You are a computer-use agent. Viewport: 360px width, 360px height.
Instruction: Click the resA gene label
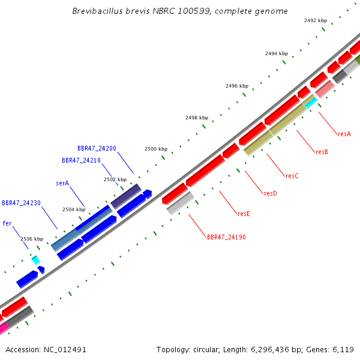(344, 134)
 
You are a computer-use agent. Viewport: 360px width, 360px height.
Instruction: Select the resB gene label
(322, 152)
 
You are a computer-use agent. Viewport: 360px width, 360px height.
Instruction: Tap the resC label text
(292, 176)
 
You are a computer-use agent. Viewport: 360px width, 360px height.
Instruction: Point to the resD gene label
(271, 193)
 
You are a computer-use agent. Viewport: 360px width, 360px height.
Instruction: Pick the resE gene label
(244, 214)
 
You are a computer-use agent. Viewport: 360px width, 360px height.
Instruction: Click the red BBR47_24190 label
(226, 237)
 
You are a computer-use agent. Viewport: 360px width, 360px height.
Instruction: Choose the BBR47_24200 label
(97, 148)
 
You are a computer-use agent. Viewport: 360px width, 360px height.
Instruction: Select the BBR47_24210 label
(81, 160)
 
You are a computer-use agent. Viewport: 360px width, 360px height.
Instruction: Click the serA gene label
(62, 183)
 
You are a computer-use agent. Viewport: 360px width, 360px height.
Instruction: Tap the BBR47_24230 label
(21, 203)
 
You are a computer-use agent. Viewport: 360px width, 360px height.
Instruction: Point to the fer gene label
(7, 223)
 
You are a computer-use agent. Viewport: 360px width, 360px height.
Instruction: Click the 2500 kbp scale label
(156, 149)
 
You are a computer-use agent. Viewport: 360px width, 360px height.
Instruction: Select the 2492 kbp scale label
(316, 20)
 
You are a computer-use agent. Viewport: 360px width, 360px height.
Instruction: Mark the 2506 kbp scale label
(32, 239)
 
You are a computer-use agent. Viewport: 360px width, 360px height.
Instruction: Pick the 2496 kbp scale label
(237, 86)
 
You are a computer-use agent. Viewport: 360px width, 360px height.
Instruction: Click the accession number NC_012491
(65, 350)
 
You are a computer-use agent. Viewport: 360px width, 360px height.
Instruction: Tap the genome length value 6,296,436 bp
(270, 350)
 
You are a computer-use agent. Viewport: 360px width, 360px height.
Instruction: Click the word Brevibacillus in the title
(98, 11)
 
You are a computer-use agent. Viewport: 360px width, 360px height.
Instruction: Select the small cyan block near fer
(36, 260)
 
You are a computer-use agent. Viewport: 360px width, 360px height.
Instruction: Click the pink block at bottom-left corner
(4, 328)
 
